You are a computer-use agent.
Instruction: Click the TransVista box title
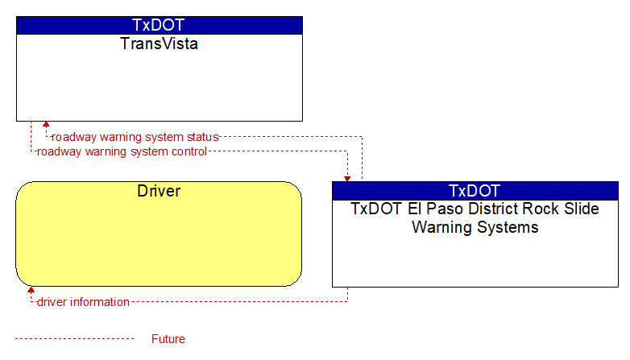pos(159,43)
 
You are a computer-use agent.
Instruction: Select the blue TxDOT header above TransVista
pos(160,25)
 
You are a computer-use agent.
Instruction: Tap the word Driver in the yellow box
pos(159,191)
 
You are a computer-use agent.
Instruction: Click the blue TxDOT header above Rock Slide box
pos(475,191)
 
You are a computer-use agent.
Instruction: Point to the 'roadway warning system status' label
pos(135,137)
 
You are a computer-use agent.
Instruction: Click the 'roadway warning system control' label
pos(122,151)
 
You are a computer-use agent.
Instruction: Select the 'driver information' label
pos(83,302)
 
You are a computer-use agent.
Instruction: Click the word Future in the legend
pos(168,339)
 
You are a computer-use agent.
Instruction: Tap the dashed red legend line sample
pos(74,339)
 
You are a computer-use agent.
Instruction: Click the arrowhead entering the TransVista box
pos(46,124)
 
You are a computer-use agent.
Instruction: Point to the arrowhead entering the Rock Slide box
pos(347,179)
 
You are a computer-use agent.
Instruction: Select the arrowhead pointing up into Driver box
pos(31,290)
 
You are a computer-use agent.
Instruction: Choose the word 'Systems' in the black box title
pos(507,227)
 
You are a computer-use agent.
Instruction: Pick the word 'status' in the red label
pos(202,137)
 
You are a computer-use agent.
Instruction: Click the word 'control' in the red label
pos(189,151)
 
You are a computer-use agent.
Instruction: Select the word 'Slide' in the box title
pos(581,209)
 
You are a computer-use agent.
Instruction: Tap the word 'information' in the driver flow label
pos(100,302)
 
